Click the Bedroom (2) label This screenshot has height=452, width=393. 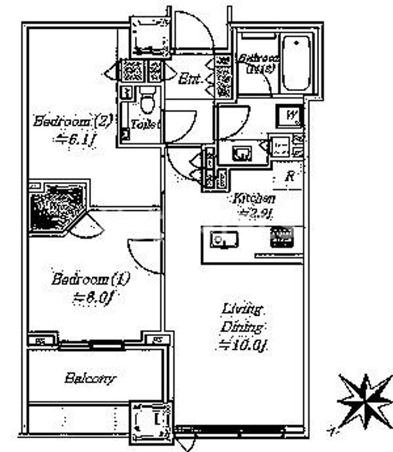(x=72, y=120)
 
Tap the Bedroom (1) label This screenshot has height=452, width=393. (x=82, y=279)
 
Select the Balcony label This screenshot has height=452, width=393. (x=90, y=379)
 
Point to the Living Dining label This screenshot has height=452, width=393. (x=241, y=318)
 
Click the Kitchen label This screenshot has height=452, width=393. (x=254, y=199)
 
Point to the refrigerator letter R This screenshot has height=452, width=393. (x=289, y=176)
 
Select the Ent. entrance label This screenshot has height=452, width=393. (x=190, y=80)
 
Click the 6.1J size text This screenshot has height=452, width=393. (x=72, y=139)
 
